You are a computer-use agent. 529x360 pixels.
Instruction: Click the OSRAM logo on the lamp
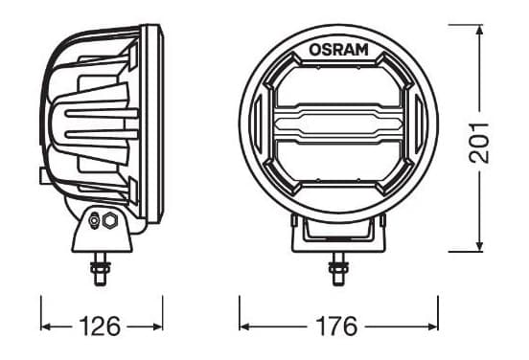[x=338, y=50]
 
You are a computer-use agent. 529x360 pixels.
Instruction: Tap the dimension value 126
[x=100, y=326]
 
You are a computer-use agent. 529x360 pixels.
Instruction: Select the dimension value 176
[x=336, y=326]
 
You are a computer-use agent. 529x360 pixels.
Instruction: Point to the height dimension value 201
[x=479, y=143]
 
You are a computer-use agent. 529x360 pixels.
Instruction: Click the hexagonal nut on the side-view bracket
[x=109, y=220]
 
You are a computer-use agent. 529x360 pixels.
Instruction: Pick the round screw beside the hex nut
[x=94, y=221]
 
